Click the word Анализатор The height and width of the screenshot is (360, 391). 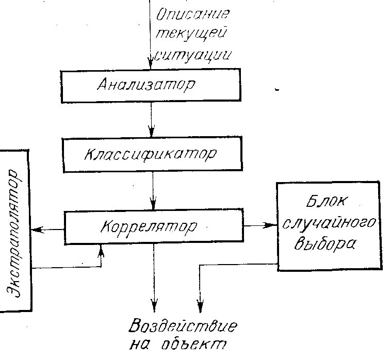146,84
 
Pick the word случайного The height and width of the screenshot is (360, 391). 328,223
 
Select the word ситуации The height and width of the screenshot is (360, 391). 193,54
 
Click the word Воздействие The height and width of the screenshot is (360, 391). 183,327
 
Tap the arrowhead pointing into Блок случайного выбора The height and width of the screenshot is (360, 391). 271,225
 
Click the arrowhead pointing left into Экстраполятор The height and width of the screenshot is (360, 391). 35,230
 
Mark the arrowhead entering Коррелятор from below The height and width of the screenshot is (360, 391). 101,249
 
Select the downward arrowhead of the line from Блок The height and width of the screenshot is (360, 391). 200,305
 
